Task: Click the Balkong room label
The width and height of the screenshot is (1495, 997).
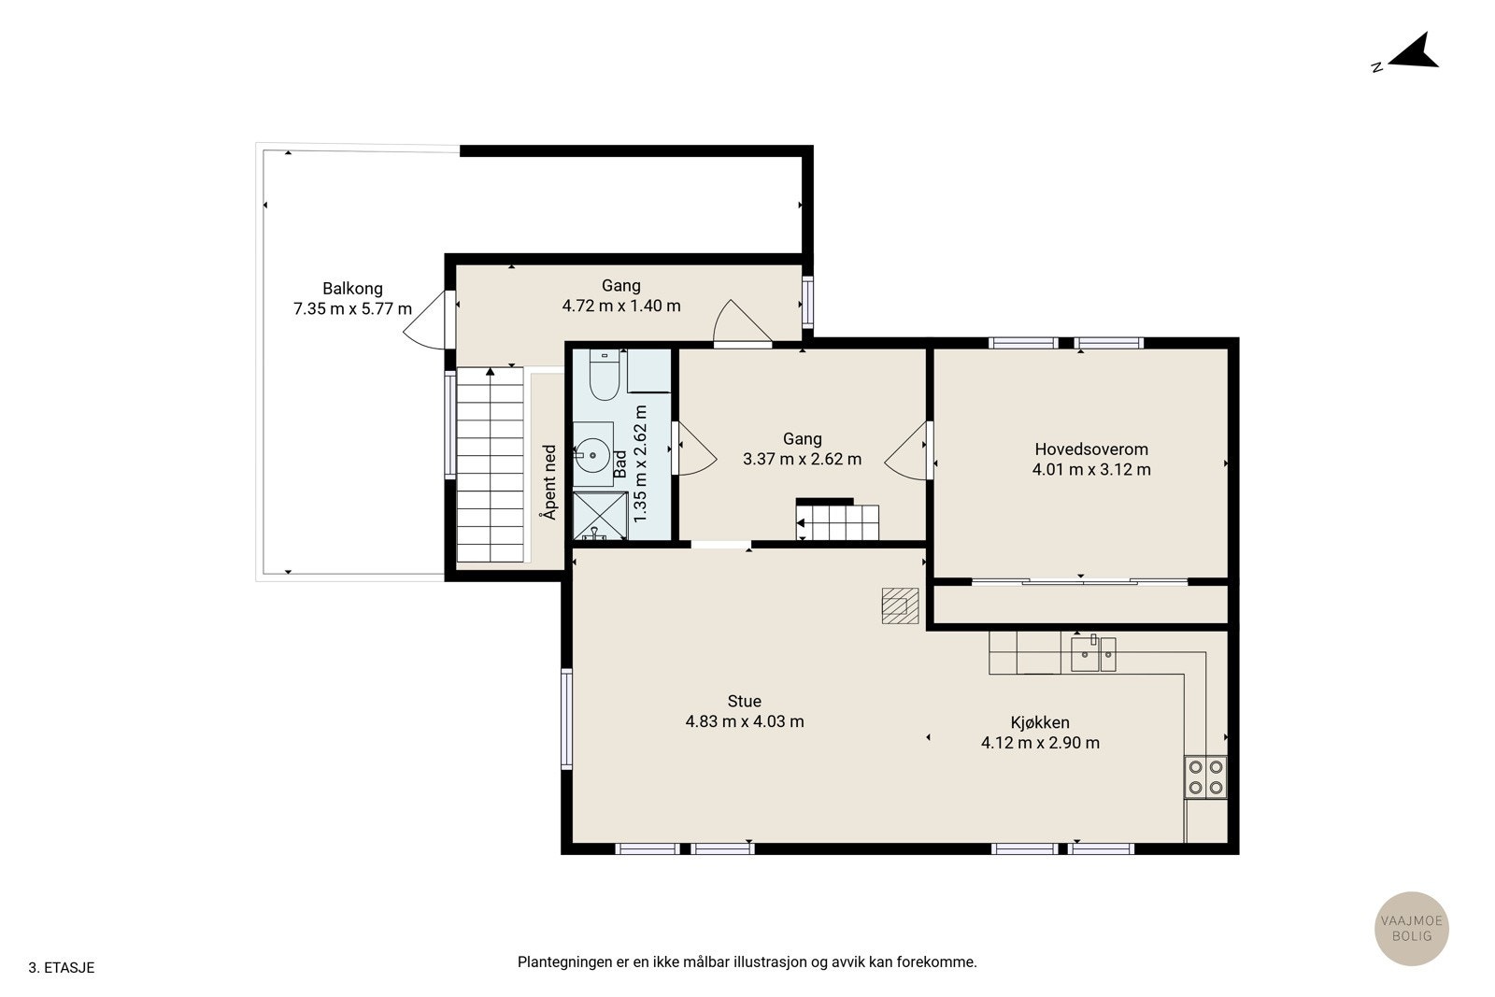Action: pyautogui.click(x=352, y=289)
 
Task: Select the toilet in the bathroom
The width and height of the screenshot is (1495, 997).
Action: pyautogui.click(x=605, y=375)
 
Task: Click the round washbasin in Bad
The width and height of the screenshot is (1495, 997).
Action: pyautogui.click(x=592, y=455)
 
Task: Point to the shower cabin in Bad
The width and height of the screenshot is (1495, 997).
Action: pyautogui.click(x=600, y=515)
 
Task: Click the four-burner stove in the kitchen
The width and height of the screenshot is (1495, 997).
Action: pyautogui.click(x=1205, y=777)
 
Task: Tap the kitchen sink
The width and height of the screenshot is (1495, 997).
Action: pyautogui.click(x=1093, y=654)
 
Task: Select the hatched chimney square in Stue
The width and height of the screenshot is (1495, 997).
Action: pyautogui.click(x=900, y=605)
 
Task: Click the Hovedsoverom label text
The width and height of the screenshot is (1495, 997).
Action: pyautogui.click(x=1091, y=449)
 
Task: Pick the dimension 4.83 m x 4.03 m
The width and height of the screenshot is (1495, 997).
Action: pyautogui.click(x=744, y=721)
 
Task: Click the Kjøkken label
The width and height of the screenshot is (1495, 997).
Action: pyautogui.click(x=1040, y=722)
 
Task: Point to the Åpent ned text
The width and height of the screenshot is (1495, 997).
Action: pyautogui.click(x=549, y=482)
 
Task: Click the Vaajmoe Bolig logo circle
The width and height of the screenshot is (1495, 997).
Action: pyautogui.click(x=1412, y=928)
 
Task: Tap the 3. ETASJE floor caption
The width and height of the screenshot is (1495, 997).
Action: pyautogui.click(x=62, y=968)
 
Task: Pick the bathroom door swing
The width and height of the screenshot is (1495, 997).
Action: pyautogui.click(x=697, y=449)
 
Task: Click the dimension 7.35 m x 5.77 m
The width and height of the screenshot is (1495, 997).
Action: pyautogui.click(x=352, y=309)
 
